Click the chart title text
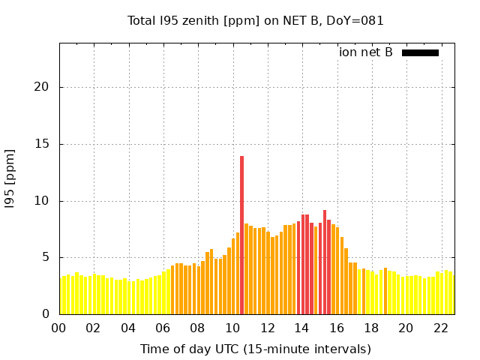point(256,20)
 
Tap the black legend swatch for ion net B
point(420,52)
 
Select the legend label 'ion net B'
point(366,52)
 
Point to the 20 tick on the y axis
point(41,87)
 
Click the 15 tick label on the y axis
point(41,144)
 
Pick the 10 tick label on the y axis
point(41,201)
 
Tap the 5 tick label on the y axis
point(45,257)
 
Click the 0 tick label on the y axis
point(45,314)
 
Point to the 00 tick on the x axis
point(58,328)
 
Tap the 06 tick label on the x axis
point(163,328)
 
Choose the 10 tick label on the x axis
point(232,328)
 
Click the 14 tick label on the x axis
point(301,328)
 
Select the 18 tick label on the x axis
point(371,328)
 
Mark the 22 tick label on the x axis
point(440,328)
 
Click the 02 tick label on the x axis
point(93,328)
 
